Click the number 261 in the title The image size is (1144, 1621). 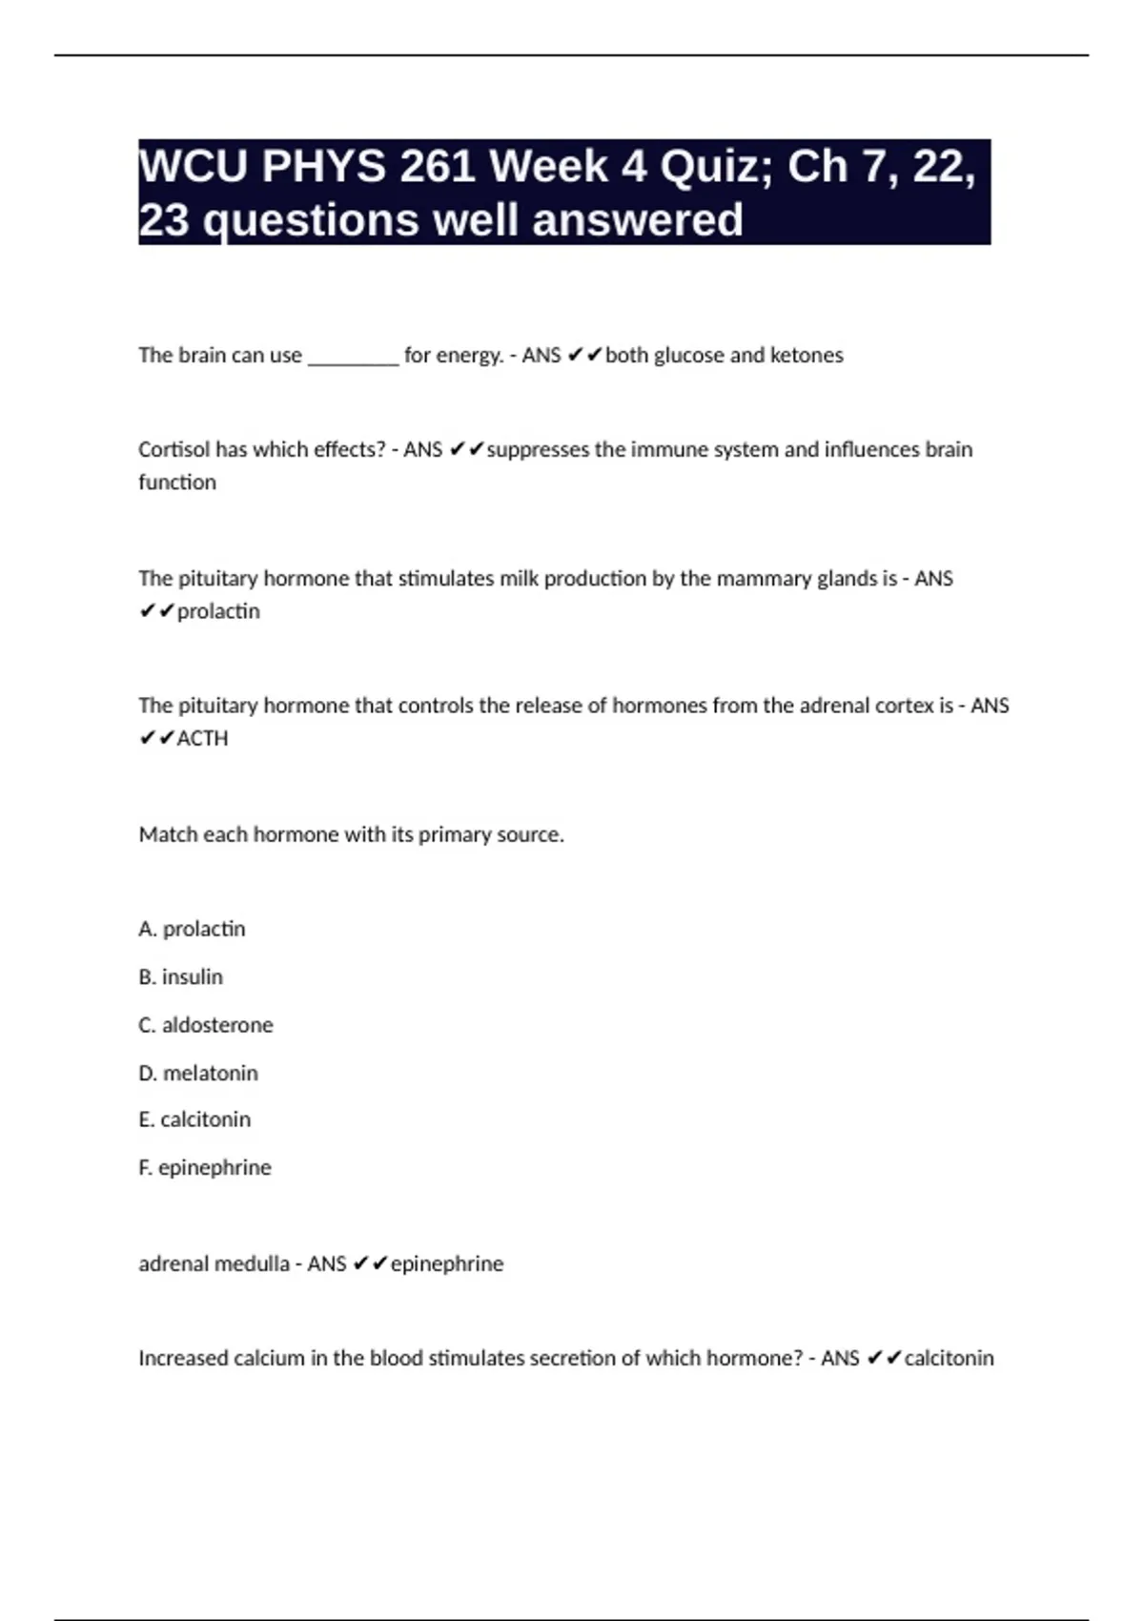point(438,167)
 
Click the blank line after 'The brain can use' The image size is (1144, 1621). point(354,357)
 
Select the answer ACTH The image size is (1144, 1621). point(203,739)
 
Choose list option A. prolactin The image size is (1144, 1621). point(192,929)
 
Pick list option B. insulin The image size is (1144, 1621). point(181,977)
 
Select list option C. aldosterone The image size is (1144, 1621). point(206,1025)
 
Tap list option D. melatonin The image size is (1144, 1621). point(198,1073)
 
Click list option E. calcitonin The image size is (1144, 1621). point(194,1119)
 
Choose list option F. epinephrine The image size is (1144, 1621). point(205,1167)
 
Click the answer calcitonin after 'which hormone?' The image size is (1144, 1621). point(949,1358)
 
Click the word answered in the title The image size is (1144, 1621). point(638,220)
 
